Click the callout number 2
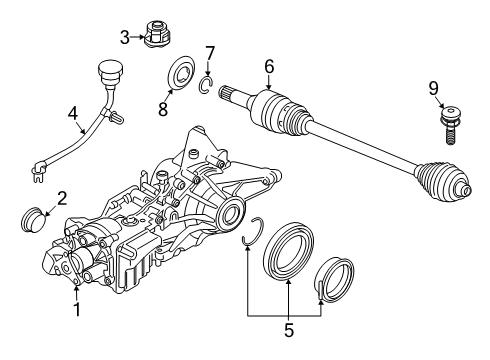pos(62,199)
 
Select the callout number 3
pos(125,38)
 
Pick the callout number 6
pos(268,67)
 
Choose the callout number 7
pos(209,52)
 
